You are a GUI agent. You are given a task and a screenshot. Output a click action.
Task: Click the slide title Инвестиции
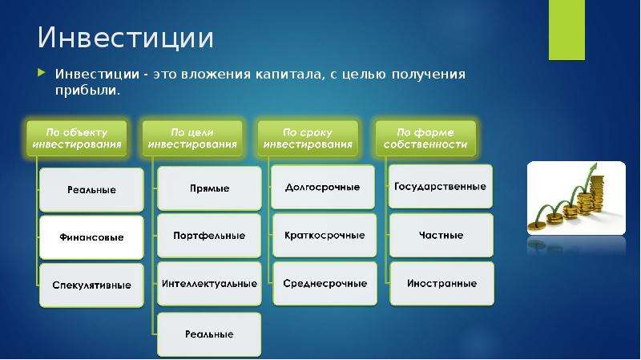[x=126, y=38]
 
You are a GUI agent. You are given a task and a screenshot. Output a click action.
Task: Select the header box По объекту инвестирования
[x=77, y=138]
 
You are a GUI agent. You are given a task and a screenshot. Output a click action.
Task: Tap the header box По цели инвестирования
[x=192, y=138]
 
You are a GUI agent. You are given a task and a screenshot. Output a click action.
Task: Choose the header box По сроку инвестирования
[x=308, y=138]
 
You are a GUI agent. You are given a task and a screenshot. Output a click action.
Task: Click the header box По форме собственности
[x=425, y=138]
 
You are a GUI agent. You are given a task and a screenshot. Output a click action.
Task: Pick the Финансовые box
[x=91, y=237]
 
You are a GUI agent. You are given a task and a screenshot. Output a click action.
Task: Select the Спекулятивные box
[x=91, y=285]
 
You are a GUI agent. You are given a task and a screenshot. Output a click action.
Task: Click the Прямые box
[x=209, y=188]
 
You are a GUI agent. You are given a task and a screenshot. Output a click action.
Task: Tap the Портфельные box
[x=209, y=236]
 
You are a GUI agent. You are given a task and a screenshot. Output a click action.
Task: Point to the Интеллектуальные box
[x=209, y=284]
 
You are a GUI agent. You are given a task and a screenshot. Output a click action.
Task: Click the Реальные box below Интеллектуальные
[x=209, y=334]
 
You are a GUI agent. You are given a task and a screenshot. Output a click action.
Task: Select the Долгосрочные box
[x=323, y=187]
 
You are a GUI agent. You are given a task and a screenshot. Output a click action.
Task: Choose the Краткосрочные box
[x=325, y=235]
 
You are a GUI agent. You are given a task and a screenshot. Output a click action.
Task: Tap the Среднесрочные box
[x=325, y=284]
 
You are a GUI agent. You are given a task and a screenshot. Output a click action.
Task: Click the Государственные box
[x=440, y=187]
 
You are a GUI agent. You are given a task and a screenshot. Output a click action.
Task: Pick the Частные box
[x=441, y=235]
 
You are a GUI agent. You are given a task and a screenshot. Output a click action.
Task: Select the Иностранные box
[x=442, y=284]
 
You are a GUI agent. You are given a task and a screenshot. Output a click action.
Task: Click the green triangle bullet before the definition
[x=42, y=73]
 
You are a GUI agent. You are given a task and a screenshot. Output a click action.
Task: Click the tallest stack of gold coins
[x=597, y=194]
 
